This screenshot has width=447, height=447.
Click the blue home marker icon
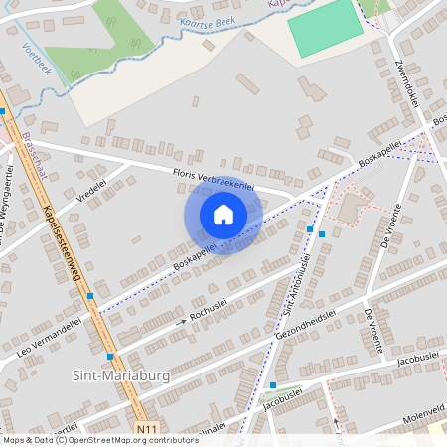coord(223,215)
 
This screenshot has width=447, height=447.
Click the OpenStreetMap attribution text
coord(99,440)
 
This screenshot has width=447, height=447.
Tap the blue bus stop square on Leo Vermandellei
coord(90,296)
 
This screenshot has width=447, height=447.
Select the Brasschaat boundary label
coord(36,160)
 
